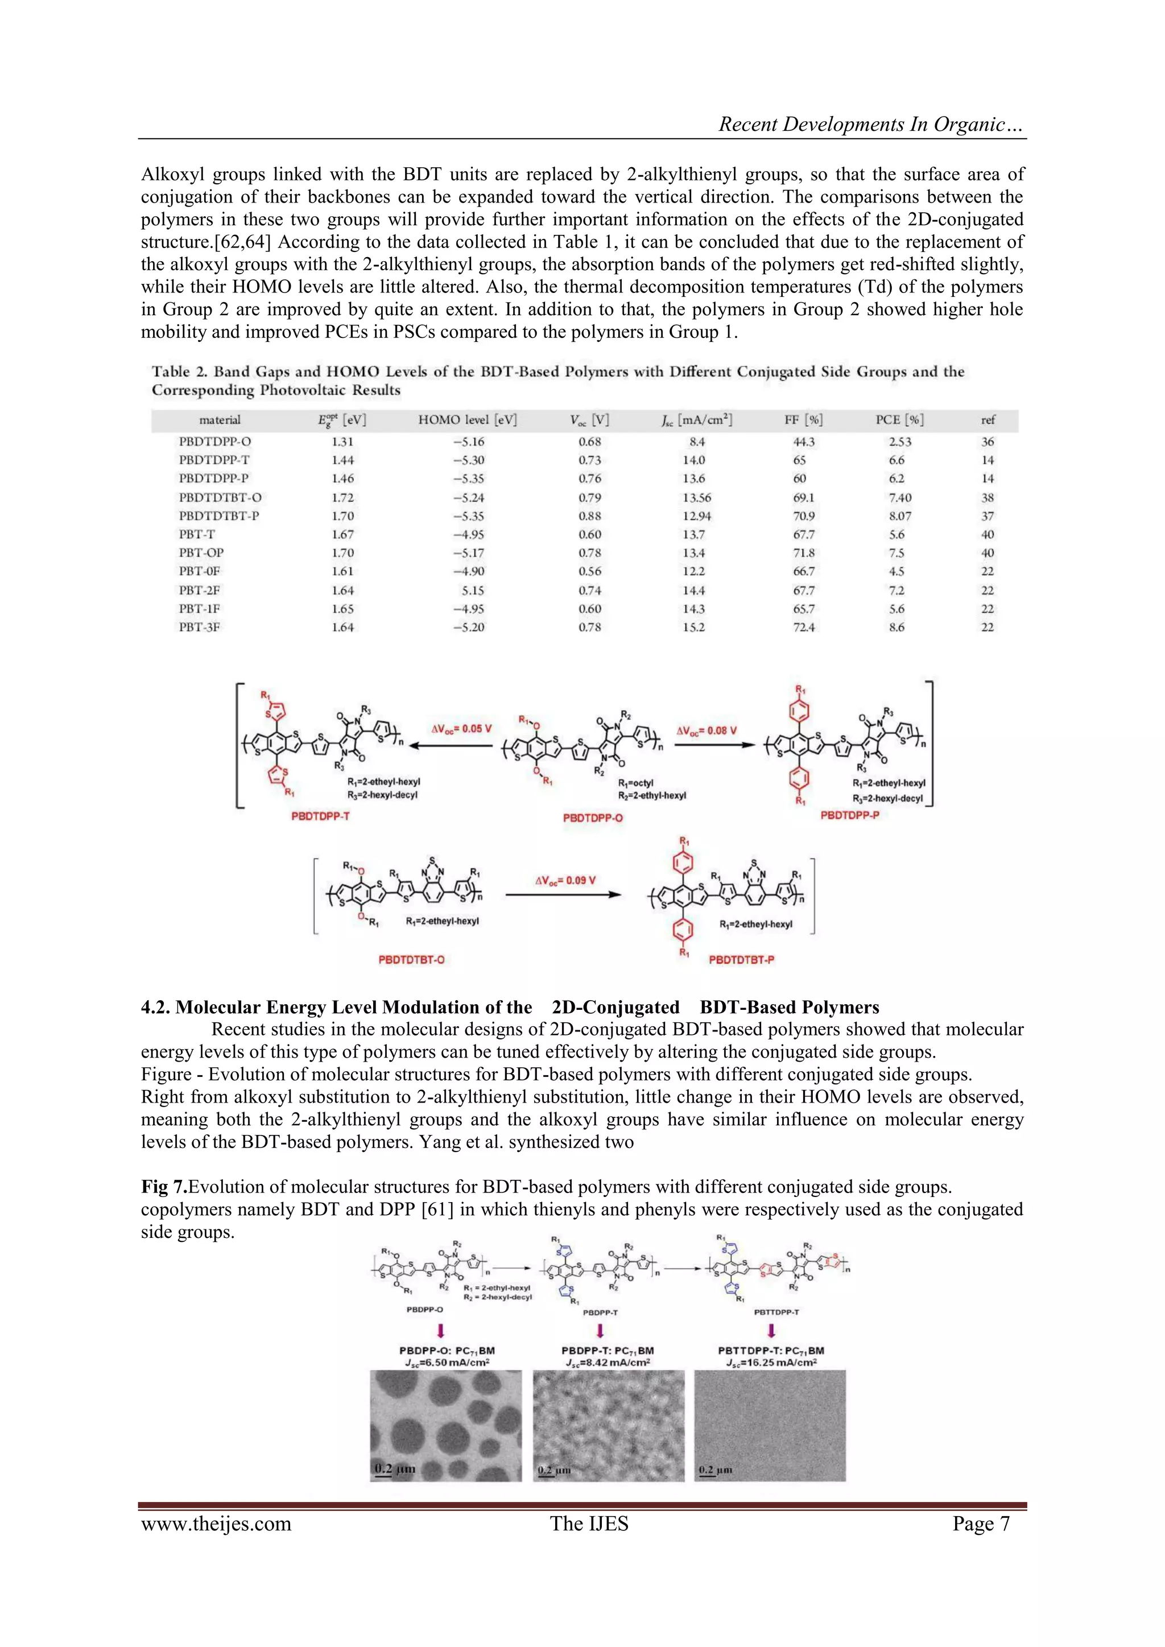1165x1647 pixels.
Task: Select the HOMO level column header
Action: (467, 420)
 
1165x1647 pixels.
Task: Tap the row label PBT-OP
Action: (201, 553)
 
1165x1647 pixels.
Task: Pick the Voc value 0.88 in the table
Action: (590, 516)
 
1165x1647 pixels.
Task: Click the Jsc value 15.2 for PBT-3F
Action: (693, 627)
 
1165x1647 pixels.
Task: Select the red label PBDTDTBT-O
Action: (411, 960)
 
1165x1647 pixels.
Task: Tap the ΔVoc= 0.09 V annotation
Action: (565, 880)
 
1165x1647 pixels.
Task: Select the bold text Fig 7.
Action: (164, 1187)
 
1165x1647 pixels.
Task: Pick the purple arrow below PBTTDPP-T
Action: (771, 1331)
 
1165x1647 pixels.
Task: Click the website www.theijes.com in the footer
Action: (216, 1524)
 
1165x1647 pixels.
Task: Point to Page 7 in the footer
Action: (981, 1524)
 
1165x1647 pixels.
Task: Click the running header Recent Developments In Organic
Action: (871, 124)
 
